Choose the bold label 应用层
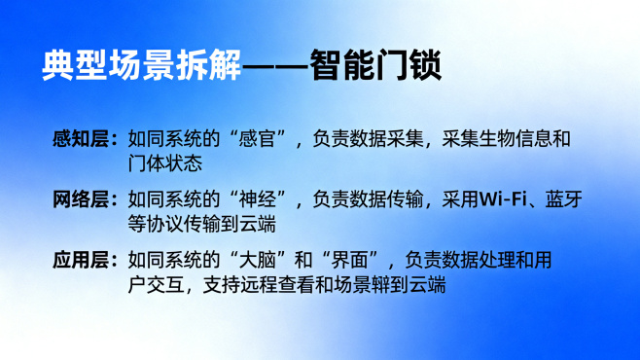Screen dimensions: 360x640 tap(81, 262)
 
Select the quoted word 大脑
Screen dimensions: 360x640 tap(260, 262)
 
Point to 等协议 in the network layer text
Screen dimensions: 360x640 tap(155, 223)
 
